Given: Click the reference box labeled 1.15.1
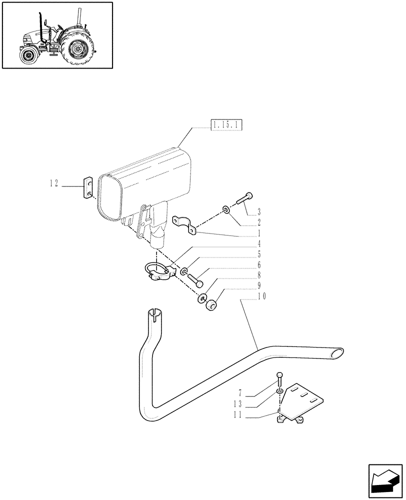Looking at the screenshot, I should point(226,124).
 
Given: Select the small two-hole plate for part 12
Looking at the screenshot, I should point(88,187).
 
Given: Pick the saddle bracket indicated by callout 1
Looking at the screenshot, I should point(184,223).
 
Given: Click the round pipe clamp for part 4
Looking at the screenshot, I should point(159,271).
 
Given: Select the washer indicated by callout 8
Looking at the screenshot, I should point(202,298).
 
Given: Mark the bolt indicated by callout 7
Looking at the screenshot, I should point(279,378).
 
